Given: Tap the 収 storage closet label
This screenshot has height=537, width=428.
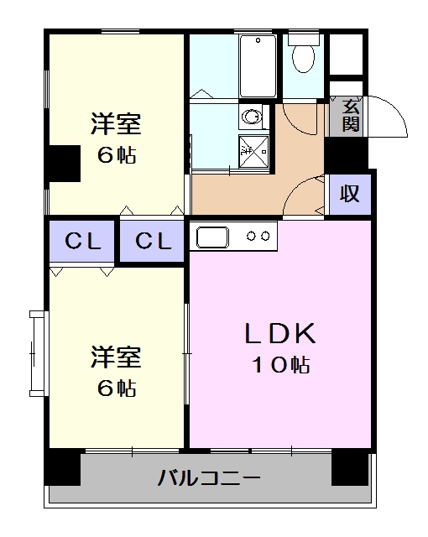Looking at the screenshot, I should click(349, 194).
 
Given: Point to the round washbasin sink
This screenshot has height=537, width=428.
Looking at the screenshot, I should click(250, 116).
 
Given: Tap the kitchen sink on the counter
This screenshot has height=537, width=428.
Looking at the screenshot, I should click(213, 237).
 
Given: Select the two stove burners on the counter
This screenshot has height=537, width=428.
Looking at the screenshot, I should click(258, 237).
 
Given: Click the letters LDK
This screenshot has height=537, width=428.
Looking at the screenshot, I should click(279, 335).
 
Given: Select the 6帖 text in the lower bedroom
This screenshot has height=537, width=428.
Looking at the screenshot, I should click(116, 388).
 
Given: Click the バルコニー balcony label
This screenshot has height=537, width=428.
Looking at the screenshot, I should click(209, 480).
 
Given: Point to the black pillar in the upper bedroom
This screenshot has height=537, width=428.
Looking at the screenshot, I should click(63, 163).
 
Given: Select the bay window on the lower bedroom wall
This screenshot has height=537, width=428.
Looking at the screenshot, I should click(36, 352).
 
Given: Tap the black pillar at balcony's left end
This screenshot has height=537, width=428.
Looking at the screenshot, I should click(63, 467).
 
